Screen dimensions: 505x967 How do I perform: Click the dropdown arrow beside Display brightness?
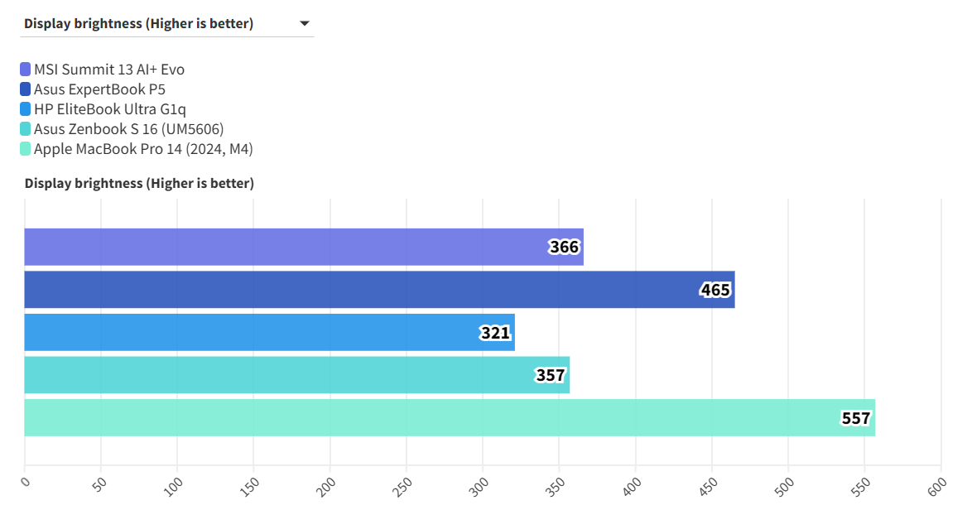pos(304,24)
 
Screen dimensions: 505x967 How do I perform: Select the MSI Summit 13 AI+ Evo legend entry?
pos(108,70)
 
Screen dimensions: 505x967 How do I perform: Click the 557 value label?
pos(856,418)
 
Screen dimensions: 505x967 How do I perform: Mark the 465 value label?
pos(715,290)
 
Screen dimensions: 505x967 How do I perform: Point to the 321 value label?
pos(495,333)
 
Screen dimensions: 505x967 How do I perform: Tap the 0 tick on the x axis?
pos(25,481)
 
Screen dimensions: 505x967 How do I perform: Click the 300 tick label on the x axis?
pos(480,485)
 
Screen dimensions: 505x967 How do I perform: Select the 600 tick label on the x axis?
pos(938,485)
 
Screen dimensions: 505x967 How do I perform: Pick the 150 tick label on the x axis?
pos(251,485)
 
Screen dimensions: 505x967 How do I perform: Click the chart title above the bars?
pos(139,183)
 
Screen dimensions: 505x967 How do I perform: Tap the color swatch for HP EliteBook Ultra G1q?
pos(25,109)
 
